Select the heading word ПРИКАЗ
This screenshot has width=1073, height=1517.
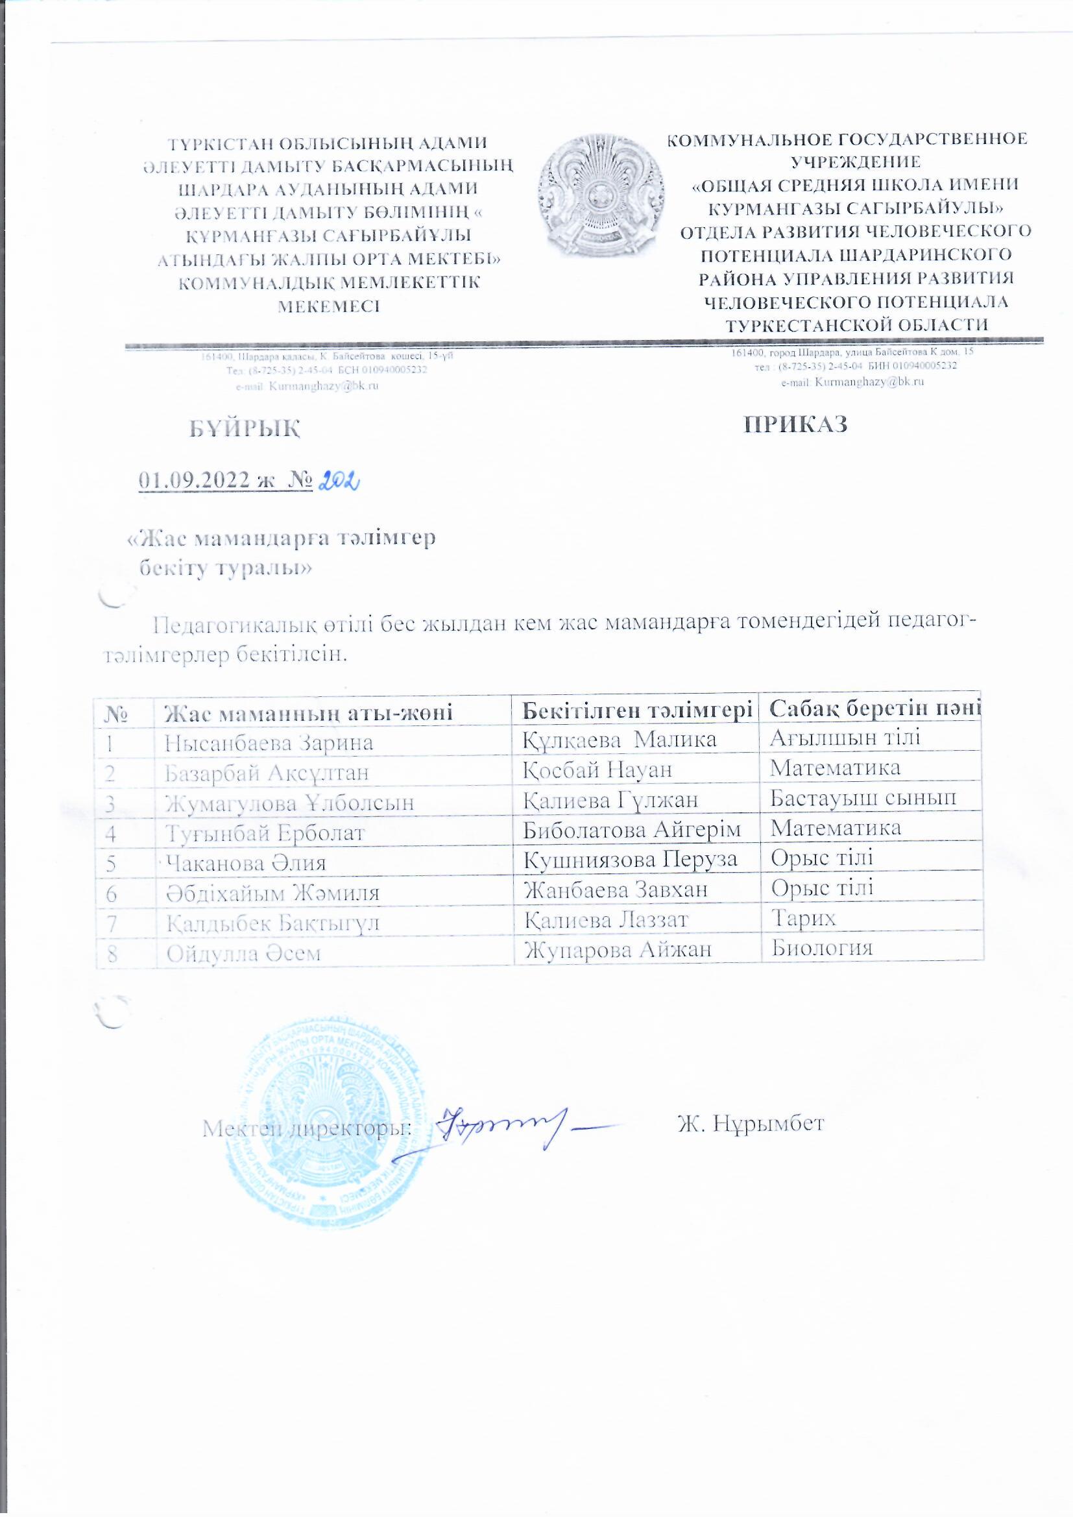coord(796,424)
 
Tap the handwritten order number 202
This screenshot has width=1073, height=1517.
coord(338,483)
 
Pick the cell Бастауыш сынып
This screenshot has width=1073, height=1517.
coord(863,797)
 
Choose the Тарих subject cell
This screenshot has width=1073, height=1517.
coord(804,917)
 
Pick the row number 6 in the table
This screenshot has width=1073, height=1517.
coord(112,893)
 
